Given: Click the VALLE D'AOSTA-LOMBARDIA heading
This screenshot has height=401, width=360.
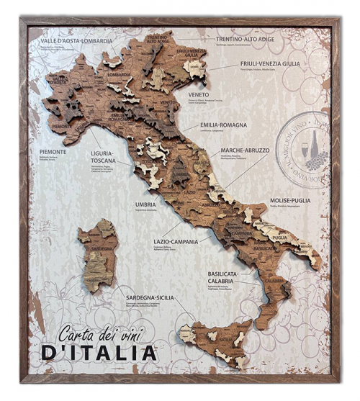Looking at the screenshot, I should tap(76, 41).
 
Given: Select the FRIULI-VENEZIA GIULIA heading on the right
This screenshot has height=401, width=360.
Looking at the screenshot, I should tap(270, 63).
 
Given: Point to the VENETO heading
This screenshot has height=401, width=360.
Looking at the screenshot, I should tap(199, 94).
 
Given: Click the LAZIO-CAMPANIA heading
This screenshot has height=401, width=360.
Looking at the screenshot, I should tap(176, 241).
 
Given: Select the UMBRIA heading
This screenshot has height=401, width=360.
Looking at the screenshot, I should tap(145, 204).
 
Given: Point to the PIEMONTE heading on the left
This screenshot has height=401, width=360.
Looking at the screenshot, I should tap(54, 152).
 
